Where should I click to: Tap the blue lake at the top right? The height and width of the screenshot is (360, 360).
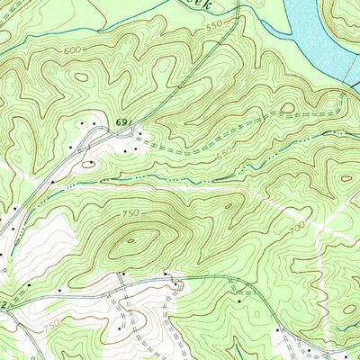(x=315, y=36)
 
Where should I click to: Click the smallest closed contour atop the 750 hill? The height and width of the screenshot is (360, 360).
(x=139, y=239)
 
